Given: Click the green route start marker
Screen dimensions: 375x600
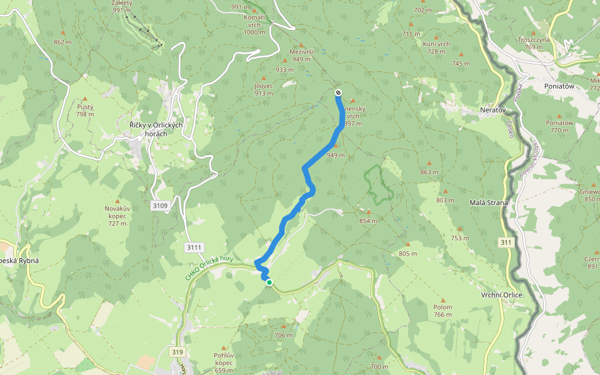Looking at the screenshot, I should [269, 282].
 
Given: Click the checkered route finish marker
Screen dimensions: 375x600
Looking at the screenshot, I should [338, 92].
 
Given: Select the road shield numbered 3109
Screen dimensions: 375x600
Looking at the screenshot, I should [160, 205].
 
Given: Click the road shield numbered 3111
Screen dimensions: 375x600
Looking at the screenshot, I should [194, 247].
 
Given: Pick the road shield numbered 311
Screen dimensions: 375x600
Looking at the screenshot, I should [506, 242].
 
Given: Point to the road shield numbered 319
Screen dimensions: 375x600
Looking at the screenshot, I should [177, 352].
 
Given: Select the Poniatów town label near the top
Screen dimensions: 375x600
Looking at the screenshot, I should [559, 87].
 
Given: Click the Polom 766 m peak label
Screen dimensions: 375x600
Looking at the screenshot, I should [442, 311].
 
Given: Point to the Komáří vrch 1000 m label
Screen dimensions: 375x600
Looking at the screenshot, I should [254, 24].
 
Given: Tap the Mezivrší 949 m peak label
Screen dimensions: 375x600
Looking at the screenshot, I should [301, 55].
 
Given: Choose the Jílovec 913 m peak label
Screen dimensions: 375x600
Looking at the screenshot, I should [264, 89].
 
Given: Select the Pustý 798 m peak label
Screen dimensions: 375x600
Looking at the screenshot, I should [85, 110].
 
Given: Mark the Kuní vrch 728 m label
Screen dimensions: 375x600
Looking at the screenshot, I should [436, 47].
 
